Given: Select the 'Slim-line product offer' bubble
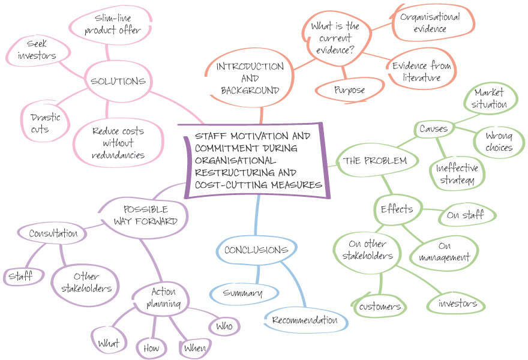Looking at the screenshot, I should [x=113, y=24].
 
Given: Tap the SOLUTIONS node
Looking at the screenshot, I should [x=118, y=82].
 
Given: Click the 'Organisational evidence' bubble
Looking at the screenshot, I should [x=430, y=23].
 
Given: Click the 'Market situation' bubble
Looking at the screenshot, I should [x=490, y=99].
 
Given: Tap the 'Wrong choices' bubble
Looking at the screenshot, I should [x=499, y=140].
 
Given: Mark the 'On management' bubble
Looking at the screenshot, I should [x=445, y=251].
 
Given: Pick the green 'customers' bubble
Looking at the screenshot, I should [x=380, y=307].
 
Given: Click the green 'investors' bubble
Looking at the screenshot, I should [x=458, y=304].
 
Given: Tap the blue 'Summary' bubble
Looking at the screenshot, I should [x=243, y=293].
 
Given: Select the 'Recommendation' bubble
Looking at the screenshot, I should [x=304, y=320].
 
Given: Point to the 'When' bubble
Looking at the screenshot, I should [x=194, y=348].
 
